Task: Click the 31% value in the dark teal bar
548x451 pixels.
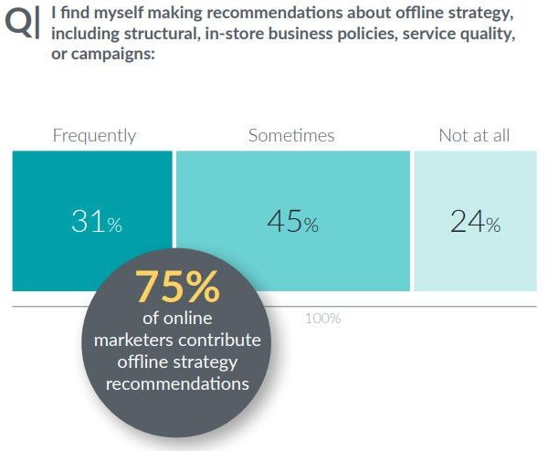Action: point(96,223)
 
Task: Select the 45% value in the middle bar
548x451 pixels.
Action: point(292,223)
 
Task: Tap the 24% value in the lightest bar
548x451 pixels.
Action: point(474,223)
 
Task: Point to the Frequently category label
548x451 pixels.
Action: point(94,136)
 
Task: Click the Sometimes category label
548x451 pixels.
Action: point(291,136)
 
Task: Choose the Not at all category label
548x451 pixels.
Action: point(474,136)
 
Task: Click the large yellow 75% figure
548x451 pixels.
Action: point(177,288)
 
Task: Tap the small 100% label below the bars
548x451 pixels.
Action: point(322,319)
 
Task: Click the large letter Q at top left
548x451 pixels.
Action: point(19,25)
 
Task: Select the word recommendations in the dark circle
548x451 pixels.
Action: point(177,383)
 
